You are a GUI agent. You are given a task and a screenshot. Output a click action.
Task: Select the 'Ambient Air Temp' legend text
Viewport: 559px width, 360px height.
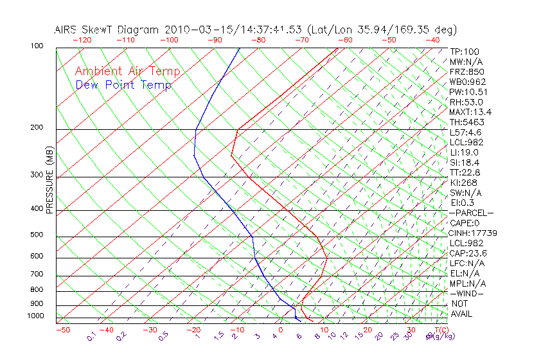tap(127, 71)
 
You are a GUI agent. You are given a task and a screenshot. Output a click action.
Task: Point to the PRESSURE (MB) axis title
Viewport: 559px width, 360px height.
tap(49, 181)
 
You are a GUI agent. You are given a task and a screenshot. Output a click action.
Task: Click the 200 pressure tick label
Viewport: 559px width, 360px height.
tap(37, 128)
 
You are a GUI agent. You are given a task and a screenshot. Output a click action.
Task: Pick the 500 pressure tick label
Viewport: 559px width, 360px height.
tap(37, 235)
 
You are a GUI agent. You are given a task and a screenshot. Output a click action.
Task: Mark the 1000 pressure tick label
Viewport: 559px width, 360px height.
tap(35, 316)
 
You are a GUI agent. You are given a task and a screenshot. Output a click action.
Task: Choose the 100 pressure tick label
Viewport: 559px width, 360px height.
tap(37, 46)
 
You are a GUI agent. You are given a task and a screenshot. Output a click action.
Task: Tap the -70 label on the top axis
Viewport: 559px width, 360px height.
tap(302, 40)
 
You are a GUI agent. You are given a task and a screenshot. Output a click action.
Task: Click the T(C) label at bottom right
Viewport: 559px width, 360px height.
tap(440, 330)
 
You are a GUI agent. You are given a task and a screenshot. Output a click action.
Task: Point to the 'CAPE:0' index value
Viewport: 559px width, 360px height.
tap(466, 222)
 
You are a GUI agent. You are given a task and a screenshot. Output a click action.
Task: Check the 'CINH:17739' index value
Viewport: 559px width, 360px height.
tap(473, 233)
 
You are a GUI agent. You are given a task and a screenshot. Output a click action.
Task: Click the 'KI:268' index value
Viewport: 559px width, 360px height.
tap(464, 182)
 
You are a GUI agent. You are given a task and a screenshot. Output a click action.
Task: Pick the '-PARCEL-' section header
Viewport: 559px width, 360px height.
tap(471, 213)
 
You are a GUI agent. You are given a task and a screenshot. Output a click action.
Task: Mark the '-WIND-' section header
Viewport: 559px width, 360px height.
tap(467, 293)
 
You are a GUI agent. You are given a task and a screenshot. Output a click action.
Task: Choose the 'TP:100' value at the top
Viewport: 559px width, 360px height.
tap(464, 51)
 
